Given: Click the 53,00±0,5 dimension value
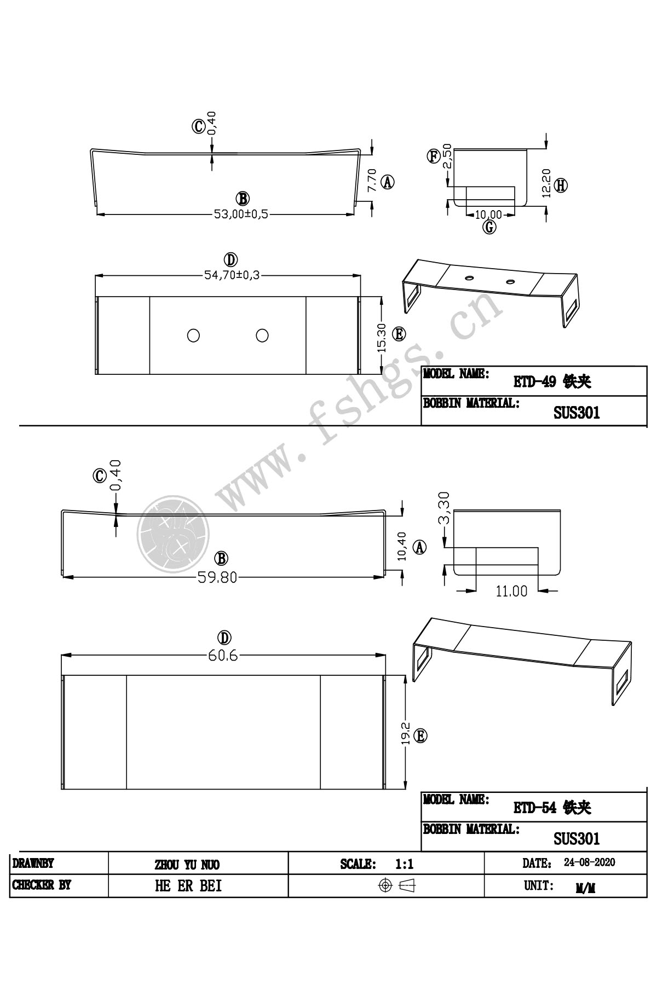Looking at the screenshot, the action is pyautogui.click(x=241, y=215).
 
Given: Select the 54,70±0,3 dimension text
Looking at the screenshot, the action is pyautogui.click(x=232, y=275).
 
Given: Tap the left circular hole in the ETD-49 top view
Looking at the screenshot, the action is pyautogui.click(x=193, y=335).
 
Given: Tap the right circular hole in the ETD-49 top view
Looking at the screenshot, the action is pyautogui.click(x=262, y=335).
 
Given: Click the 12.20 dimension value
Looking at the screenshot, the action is pyautogui.click(x=546, y=182).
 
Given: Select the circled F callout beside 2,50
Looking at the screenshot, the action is pyautogui.click(x=434, y=157).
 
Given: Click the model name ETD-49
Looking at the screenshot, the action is pyautogui.click(x=531, y=382).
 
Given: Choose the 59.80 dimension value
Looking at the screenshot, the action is pyautogui.click(x=218, y=577).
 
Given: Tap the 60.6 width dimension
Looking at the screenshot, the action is pyautogui.click(x=222, y=655).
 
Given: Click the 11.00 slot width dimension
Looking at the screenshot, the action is pyautogui.click(x=511, y=591).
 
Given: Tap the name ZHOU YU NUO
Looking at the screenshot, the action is pyautogui.click(x=187, y=865).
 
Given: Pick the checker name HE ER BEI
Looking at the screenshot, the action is pyautogui.click(x=188, y=886).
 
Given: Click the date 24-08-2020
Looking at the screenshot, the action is pyautogui.click(x=589, y=863).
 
